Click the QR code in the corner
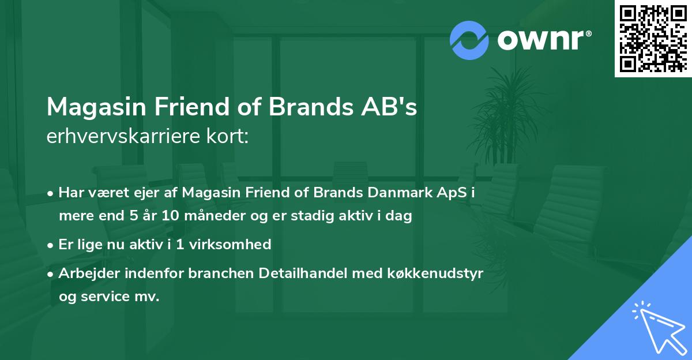653,39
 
